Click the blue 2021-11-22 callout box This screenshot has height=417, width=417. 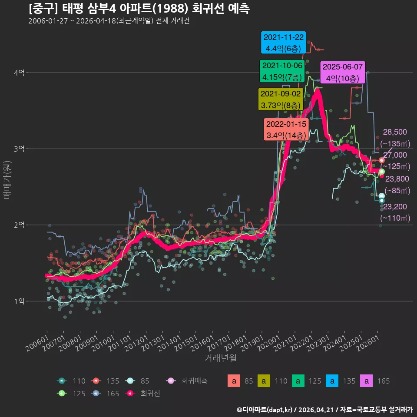(x=283, y=43)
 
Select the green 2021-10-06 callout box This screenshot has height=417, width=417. (x=282, y=71)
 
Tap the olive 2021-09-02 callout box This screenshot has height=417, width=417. (x=281, y=99)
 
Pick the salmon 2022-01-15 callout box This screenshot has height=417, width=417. (x=286, y=129)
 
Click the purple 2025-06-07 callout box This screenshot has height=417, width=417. (x=343, y=73)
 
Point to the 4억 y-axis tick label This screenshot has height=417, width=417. (x=19, y=73)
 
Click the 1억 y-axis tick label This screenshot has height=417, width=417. (x=19, y=301)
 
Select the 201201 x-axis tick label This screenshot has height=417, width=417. (x=136, y=343)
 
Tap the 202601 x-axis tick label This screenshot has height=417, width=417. (x=368, y=343)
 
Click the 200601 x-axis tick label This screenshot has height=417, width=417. (x=37, y=343)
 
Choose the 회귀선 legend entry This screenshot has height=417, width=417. (x=144, y=394)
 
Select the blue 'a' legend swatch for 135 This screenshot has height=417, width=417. (x=332, y=381)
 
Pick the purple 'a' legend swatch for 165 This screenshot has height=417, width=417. (x=367, y=381)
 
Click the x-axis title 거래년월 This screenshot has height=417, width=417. (x=221, y=358)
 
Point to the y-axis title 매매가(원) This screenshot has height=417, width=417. (x=7, y=180)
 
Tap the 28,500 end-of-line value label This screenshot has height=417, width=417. (x=395, y=132)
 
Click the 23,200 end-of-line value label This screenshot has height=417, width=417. (x=395, y=207)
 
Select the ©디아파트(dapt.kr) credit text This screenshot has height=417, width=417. (x=265, y=410)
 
